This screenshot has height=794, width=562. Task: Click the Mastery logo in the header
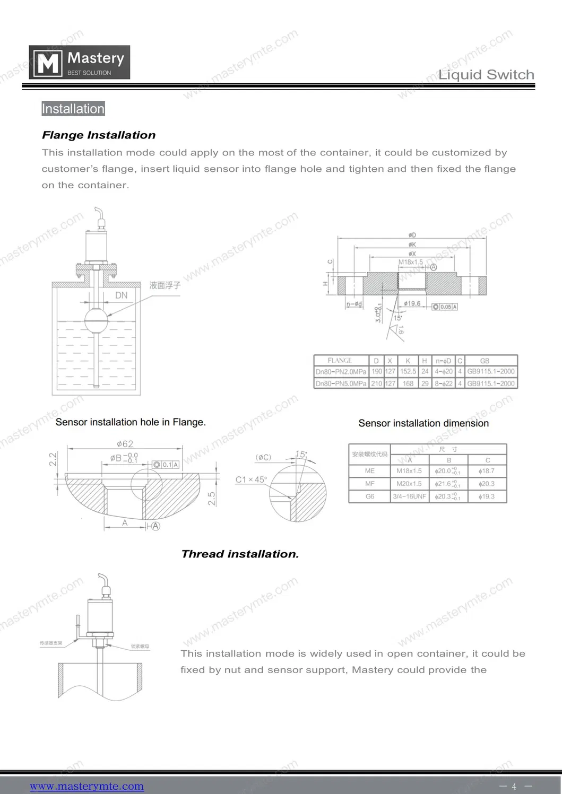click(79, 63)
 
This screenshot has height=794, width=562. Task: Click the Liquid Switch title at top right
click(486, 75)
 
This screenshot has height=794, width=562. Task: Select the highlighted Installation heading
click(73, 109)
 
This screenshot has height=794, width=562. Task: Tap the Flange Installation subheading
click(99, 135)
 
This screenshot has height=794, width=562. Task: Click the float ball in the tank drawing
click(97, 320)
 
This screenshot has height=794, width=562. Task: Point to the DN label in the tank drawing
click(122, 295)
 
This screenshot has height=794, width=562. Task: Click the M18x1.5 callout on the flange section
click(411, 262)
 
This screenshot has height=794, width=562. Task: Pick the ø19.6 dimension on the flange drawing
click(412, 303)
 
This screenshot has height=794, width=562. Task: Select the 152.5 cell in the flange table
click(408, 372)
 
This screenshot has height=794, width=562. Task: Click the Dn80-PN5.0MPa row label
click(341, 383)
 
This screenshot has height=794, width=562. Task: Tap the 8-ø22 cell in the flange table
click(443, 383)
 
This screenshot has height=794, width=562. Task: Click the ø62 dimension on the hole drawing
click(125, 444)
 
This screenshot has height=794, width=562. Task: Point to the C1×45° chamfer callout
click(251, 479)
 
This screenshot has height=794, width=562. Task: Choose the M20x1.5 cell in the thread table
click(409, 484)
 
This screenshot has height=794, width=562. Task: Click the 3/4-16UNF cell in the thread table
click(409, 496)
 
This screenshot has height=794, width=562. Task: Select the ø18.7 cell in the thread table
click(486, 471)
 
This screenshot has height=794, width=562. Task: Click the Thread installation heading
click(240, 554)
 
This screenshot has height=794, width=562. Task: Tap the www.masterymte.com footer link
click(87, 786)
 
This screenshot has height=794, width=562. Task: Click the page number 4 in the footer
click(514, 787)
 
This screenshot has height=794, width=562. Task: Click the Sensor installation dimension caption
click(423, 423)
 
